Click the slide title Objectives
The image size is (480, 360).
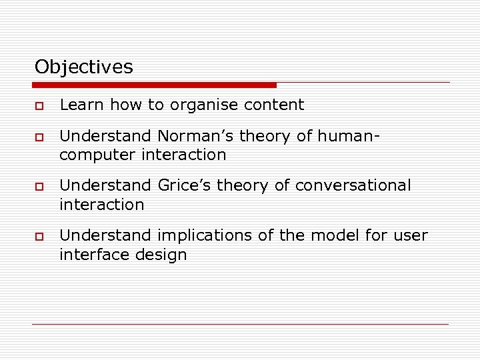point(84,67)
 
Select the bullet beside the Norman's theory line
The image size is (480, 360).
point(38,138)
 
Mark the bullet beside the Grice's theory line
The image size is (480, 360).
point(38,187)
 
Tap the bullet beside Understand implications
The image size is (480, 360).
point(38,237)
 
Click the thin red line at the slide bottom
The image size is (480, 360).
point(240,324)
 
